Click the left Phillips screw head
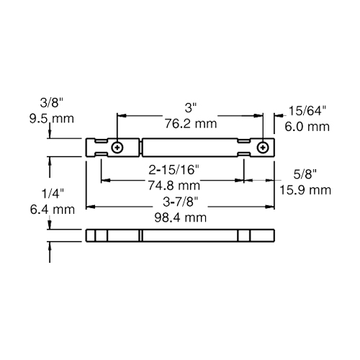pos(117,148)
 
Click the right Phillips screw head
pos(263,148)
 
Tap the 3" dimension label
pos(191,108)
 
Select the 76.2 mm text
pos(191,124)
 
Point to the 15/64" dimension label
pos(307,111)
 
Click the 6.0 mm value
pos(307,127)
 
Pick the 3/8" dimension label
pos(52,103)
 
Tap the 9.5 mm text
pos(52,119)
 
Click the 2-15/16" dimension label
pos(174,170)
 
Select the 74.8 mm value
pos(174,186)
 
